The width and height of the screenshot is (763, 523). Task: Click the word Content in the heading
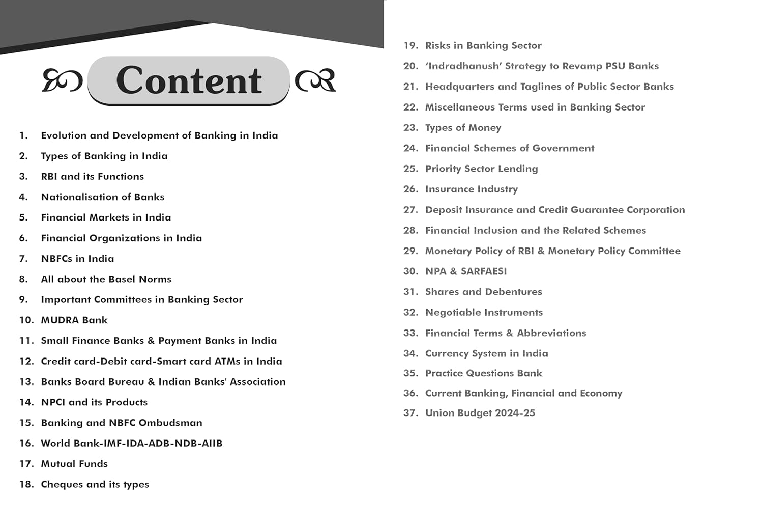[189, 80]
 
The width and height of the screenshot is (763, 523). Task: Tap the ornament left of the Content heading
[62, 80]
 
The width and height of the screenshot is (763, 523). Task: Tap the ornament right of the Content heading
[316, 80]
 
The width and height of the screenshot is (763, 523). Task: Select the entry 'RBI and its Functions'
[92, 177]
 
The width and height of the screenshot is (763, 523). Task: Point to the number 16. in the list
[26, 444]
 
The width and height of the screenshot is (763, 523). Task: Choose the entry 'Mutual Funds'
[74, 464]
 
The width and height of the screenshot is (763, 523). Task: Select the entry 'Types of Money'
[463, 128]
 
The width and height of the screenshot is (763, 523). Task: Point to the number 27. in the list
[410, 210]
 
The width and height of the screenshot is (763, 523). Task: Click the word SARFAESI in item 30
[484, 271]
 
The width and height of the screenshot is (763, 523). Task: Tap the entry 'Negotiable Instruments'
[484, 312]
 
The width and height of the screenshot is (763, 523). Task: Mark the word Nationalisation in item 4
[79, 197]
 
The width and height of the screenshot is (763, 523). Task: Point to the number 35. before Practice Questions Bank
[410, 373]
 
